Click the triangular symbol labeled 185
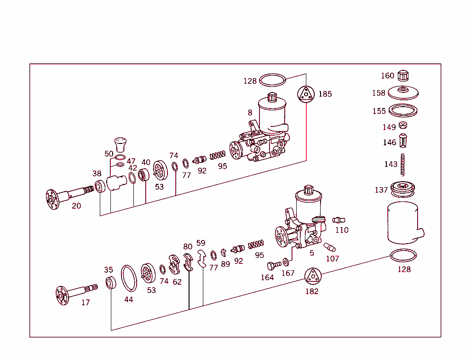click(x=305, y=94)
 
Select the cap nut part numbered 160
click(x=403, y=75)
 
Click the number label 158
click(x=379, y=93)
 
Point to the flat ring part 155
click(x=403, y=111)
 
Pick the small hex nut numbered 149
click(x=403, y=126)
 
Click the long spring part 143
click(x=403, y=164)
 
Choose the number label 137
click(x=381, y=190)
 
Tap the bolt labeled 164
click(x=274, y=266)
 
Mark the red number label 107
click(x=332, y=258)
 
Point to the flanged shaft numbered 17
click(x=74, y=291)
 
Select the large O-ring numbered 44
click(x=129, y=278)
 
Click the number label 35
click(x=108, y=270)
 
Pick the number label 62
click(x=177, y=282)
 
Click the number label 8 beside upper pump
click(x=250, y=113)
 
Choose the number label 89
click(x=225, y=264)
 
